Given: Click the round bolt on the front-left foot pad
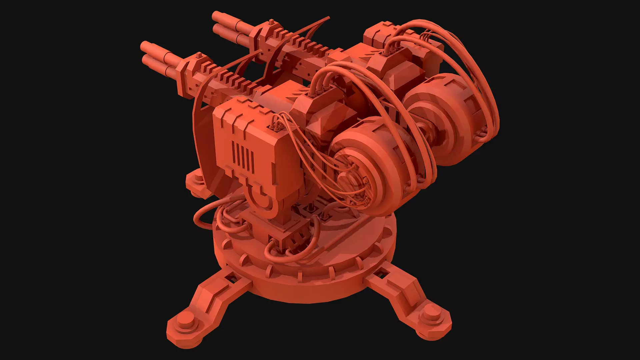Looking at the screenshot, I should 184,323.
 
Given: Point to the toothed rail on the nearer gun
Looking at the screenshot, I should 233,82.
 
